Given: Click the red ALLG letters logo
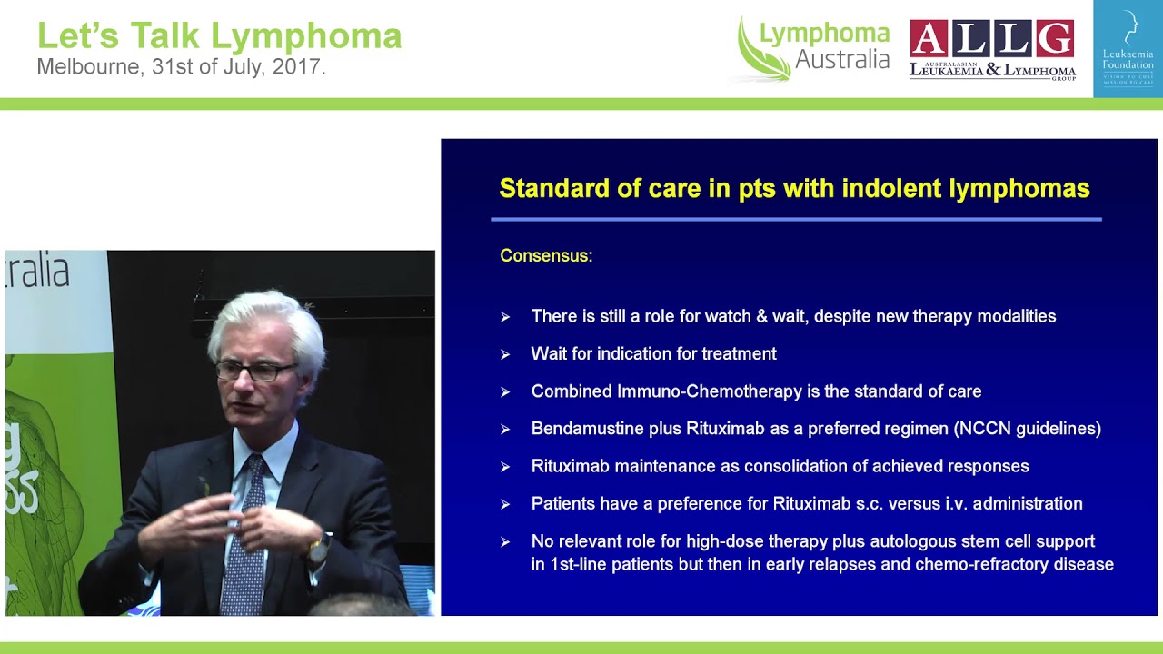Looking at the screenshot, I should point(992,39).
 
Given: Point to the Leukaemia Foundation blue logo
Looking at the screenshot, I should point(1128,48).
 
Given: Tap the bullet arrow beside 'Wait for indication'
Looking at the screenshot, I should point(505,355).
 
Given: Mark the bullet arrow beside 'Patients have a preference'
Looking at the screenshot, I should point(505,504).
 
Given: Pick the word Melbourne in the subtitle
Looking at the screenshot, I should point(86,67).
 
